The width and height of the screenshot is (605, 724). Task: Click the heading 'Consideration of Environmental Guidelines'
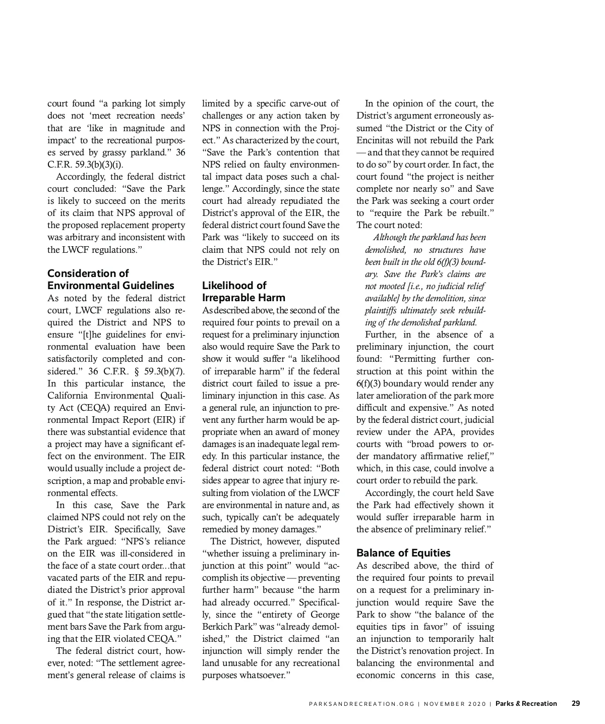(111, 280)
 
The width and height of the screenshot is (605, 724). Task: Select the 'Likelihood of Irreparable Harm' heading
(244, 292)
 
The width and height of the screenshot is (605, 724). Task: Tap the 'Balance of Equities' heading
(403, 552)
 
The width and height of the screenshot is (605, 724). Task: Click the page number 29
(575, 703)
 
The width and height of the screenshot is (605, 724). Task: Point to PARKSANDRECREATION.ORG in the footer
(361, 704)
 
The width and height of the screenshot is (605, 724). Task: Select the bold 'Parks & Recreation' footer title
(526, 703)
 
